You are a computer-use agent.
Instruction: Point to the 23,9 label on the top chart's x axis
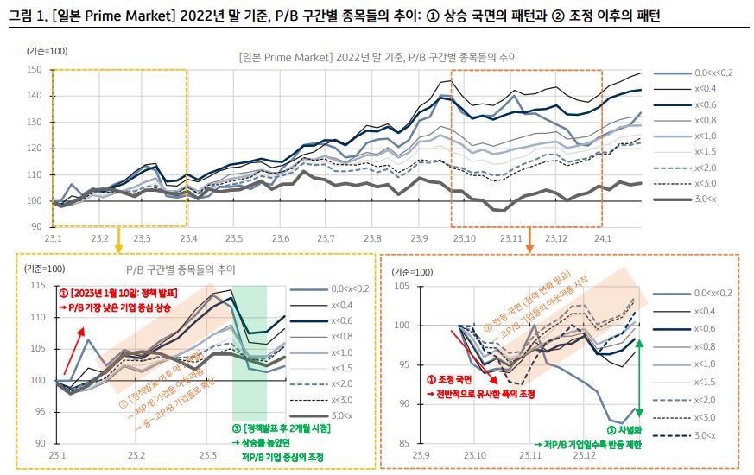420,237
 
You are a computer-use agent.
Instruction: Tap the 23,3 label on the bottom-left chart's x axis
208,454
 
